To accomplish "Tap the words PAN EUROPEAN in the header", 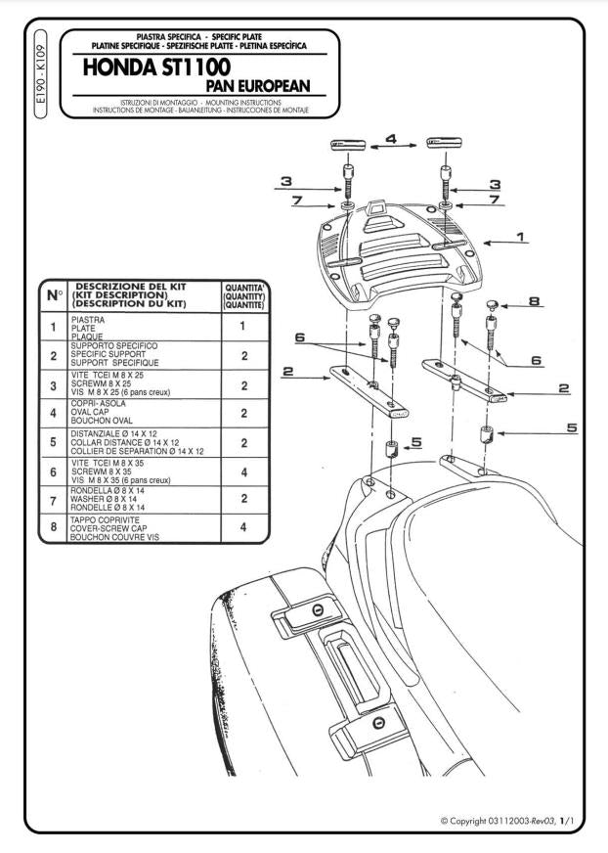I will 259,86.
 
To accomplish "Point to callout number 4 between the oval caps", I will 390,140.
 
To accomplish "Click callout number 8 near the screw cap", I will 534,302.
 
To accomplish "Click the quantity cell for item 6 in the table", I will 243,472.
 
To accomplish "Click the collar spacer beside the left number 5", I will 392,450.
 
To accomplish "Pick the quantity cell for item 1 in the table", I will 243,327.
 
